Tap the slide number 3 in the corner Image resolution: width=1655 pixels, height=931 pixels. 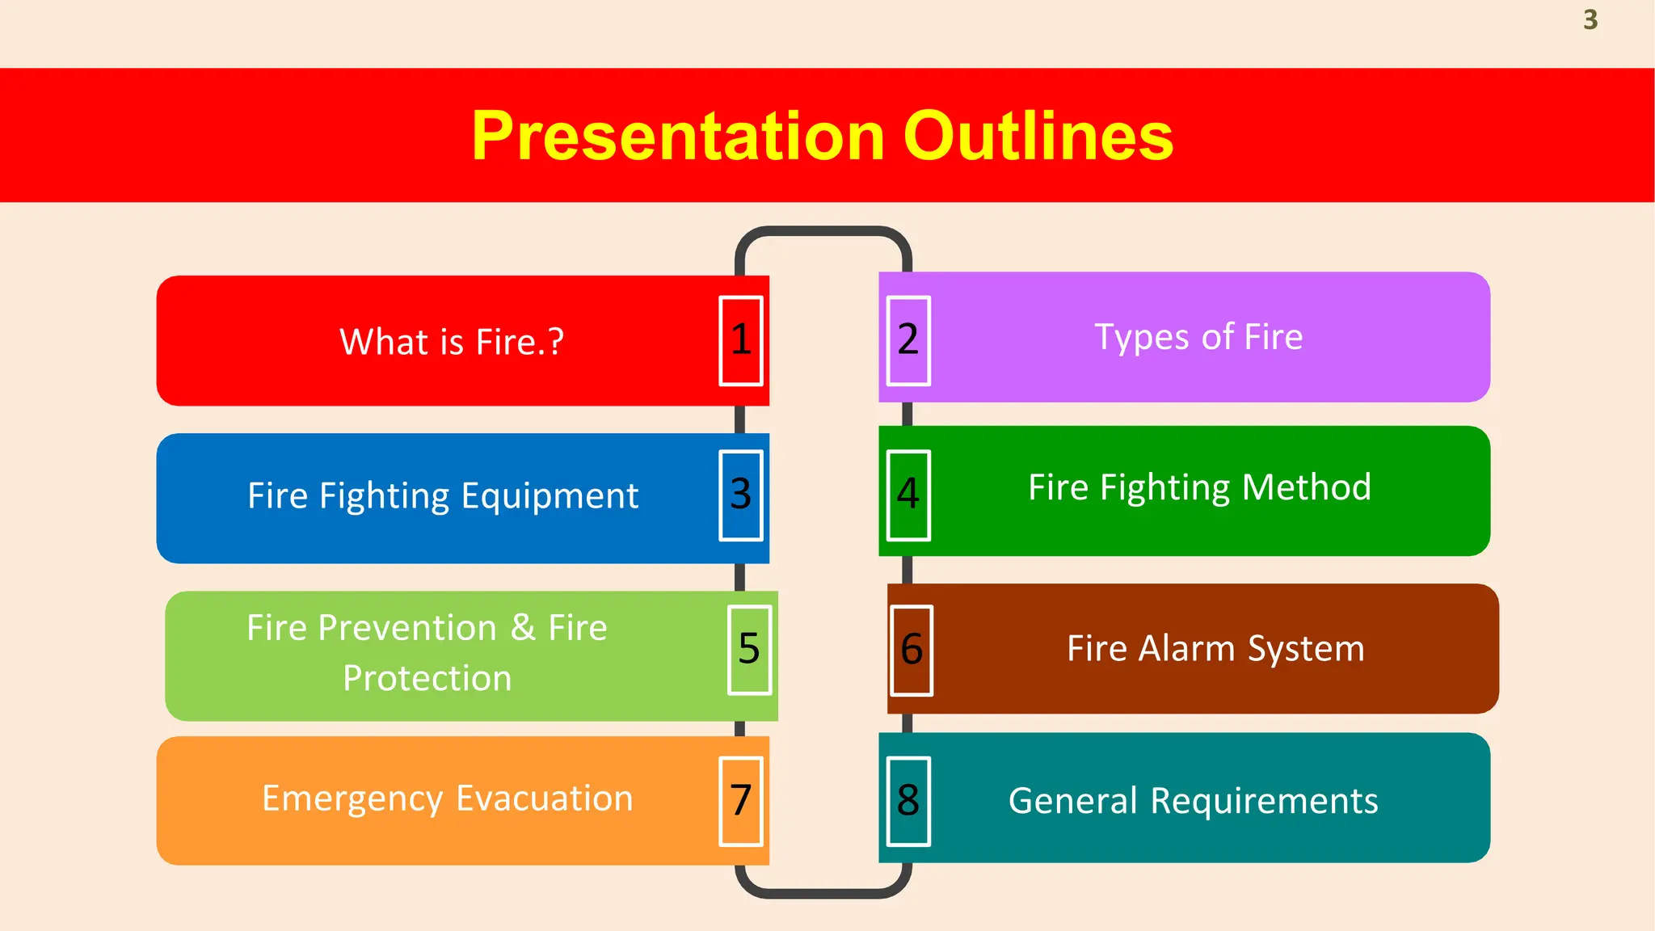click(1590, 19)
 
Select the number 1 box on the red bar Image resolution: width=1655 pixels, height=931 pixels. click(741, 340)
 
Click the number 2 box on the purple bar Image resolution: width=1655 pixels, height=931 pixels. click(908, 339)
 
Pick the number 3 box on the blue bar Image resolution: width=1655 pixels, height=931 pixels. click(741, 495)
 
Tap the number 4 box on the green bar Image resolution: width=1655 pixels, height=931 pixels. click(908, 495)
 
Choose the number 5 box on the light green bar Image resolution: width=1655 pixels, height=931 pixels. click(749, 649)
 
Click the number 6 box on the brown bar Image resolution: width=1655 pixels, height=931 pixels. click(912, 650)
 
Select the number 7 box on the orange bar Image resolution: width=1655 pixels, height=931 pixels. click(741, 801)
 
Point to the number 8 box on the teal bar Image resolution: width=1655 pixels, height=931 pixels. click(908, 801)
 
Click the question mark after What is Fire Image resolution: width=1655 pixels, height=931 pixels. click(555, 342)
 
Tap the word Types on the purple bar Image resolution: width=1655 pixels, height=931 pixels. click(1140, 338)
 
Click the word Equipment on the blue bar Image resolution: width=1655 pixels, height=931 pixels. click(550, 496)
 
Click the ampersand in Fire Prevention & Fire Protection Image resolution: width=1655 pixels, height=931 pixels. click(523, 628)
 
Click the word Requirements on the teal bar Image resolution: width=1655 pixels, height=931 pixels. click(1264, 801)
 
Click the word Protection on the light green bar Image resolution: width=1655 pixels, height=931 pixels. click(427, 678)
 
